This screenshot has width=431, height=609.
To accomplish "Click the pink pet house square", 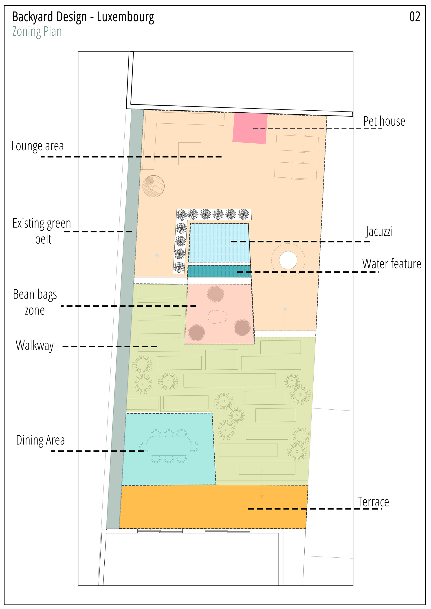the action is point(250,128).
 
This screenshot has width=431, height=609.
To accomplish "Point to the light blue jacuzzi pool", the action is point(220,243).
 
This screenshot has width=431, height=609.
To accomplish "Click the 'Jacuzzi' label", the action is point(379,231).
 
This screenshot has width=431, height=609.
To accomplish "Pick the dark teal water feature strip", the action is point(219,271).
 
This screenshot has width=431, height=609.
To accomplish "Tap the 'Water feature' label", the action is point(391,264).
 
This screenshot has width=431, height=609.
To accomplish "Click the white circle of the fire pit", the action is point(288,260).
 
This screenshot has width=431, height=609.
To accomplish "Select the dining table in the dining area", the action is point(169,446).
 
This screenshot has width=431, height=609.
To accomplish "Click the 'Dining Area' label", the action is point(40,440).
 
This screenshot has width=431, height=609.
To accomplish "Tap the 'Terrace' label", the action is point(373,502).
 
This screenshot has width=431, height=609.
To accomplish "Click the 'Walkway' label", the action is point(35,345).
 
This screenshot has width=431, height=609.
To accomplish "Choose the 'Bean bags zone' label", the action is point(35,302).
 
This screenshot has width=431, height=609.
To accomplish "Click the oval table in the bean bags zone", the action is point(217,317).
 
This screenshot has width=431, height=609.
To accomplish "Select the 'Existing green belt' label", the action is point(42,231).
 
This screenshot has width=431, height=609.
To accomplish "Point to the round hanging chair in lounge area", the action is point(153,186).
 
